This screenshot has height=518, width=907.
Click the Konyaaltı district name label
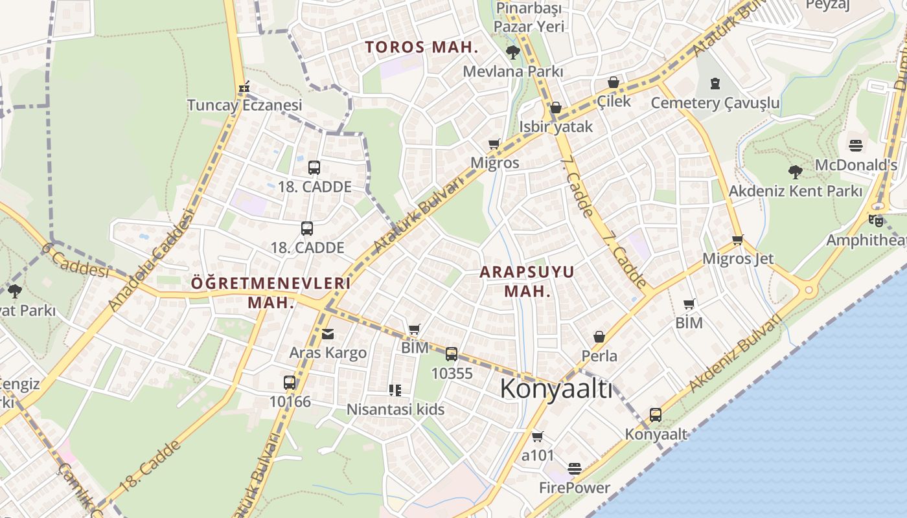[x=556, y=390]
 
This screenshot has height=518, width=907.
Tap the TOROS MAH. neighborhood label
[x=421, y=47]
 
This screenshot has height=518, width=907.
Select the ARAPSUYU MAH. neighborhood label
[x=527, y=281]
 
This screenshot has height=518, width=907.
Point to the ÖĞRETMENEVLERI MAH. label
[x=271, y=292]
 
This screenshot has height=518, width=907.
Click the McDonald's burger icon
[x=856, y=145]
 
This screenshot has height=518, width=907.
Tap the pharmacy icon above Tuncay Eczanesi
[x=244, y=86]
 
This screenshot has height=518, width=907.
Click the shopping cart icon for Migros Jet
[x=737, y=240]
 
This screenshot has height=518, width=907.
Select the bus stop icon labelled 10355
[x=452, y=354]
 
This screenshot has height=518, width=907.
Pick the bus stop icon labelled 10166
[x=290, y=382]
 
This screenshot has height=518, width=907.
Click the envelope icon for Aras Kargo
[x=328, y=334]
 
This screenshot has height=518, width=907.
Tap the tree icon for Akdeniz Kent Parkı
[x=795, y=172]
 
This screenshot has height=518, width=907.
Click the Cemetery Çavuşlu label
[x=715, y=103]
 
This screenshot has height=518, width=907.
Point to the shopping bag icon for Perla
[x=599, y=337]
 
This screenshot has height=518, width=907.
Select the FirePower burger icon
[x=575, y=468]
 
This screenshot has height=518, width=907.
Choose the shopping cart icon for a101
[x=537, y=436]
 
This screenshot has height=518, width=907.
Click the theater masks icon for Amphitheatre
[x=876, y=220]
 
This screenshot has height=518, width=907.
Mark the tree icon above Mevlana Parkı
[x=512, y=52]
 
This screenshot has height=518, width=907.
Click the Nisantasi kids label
[x=396, y=409]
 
